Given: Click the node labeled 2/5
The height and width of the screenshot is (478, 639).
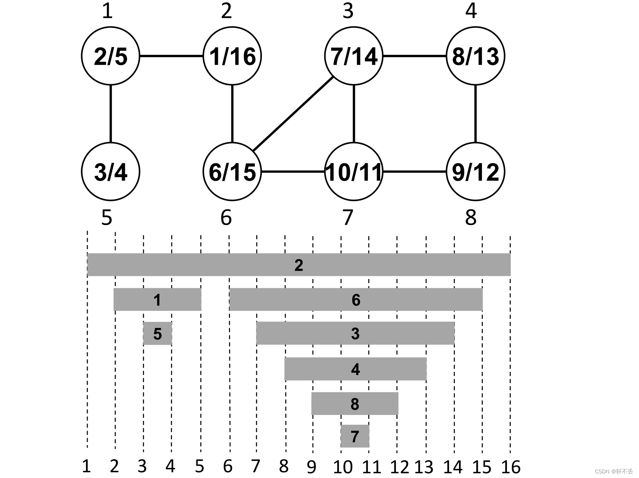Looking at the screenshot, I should point(111,56).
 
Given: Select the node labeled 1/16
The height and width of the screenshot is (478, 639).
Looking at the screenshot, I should point(232,56).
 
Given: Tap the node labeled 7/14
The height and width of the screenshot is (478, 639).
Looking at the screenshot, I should point(354,56).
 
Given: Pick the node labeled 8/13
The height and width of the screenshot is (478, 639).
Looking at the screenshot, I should point(476,56).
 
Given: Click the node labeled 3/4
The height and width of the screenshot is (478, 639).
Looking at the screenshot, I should point(111,171).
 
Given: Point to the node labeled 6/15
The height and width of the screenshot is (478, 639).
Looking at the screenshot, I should point(232,171).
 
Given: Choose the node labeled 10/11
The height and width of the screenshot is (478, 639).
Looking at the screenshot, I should point(354,171).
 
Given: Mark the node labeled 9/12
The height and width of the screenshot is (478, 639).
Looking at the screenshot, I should point(476,171).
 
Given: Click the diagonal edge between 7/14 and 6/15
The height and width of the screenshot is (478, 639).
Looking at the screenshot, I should point(293,114).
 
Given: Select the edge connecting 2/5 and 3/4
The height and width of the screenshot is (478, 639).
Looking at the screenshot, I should point(111,114).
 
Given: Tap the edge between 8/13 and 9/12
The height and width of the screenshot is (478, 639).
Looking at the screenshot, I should point(476,114).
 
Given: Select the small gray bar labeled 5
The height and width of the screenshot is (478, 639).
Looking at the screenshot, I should point(157,334).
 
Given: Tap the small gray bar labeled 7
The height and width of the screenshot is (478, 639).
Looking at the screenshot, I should point(355,436).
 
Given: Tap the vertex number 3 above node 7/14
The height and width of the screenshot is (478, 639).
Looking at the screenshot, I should point(348,11).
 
